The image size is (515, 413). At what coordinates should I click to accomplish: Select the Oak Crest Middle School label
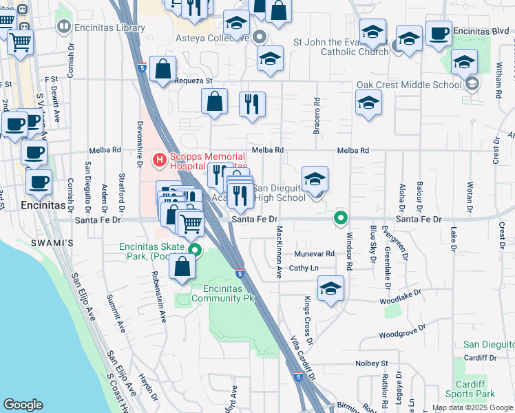click(409, 85)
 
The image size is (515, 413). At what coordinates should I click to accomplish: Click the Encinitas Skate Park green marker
click(196, 251)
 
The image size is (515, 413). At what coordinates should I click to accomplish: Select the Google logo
click(23, 405)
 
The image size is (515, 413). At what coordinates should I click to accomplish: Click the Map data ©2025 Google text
click(472, 407)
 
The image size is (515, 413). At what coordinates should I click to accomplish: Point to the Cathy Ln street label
click(304, 268)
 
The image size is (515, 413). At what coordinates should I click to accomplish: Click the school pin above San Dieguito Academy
click(315, 179)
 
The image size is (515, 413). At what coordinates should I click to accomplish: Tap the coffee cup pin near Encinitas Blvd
click(439, 33)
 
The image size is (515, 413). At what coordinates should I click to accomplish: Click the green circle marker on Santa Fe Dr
click(340, 219)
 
